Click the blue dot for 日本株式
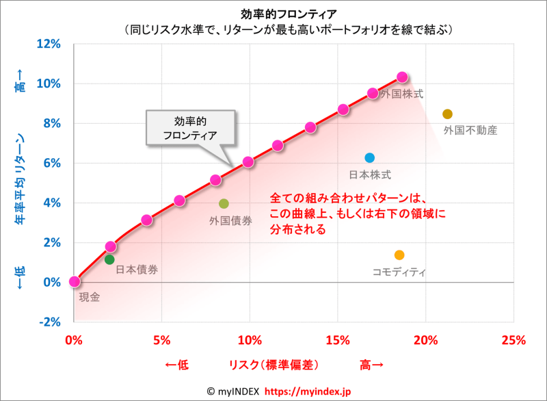point(370,158)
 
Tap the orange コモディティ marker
point(399,255)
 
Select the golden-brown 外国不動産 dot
point(447,114)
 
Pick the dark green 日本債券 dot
point(109,259)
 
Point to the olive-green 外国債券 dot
point(224,204)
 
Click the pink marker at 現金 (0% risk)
point(75,281)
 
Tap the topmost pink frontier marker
point(402,77)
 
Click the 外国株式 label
point(402,94)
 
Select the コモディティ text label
point(399,272)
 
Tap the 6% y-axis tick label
point(53,163)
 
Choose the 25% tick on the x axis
point(513,340)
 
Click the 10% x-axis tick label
point(250,340)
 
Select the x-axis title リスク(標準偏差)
point(273,365)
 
